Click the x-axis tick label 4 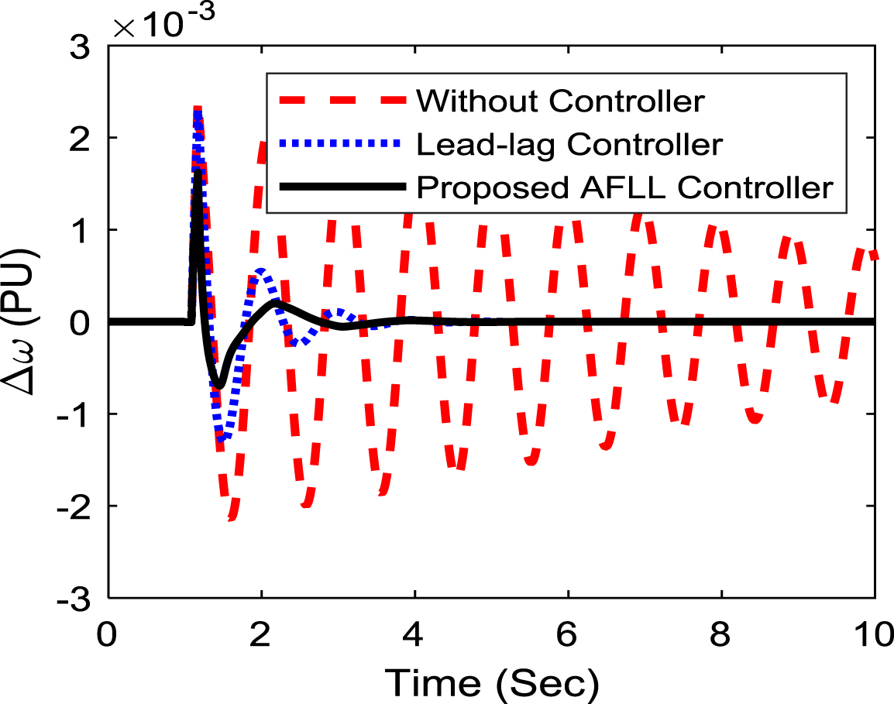413,634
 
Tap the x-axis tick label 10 874,634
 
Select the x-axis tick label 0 107,634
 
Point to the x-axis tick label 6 567,634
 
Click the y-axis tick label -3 74,599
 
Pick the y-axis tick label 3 81,46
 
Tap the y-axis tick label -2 74,507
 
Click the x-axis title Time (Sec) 492,683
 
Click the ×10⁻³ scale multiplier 164,22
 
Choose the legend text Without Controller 560,101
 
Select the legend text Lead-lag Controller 569,144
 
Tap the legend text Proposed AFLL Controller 625,187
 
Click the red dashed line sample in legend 342,101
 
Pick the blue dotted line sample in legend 342,143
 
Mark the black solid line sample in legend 342,187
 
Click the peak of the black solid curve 198,170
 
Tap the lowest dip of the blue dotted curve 222,438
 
